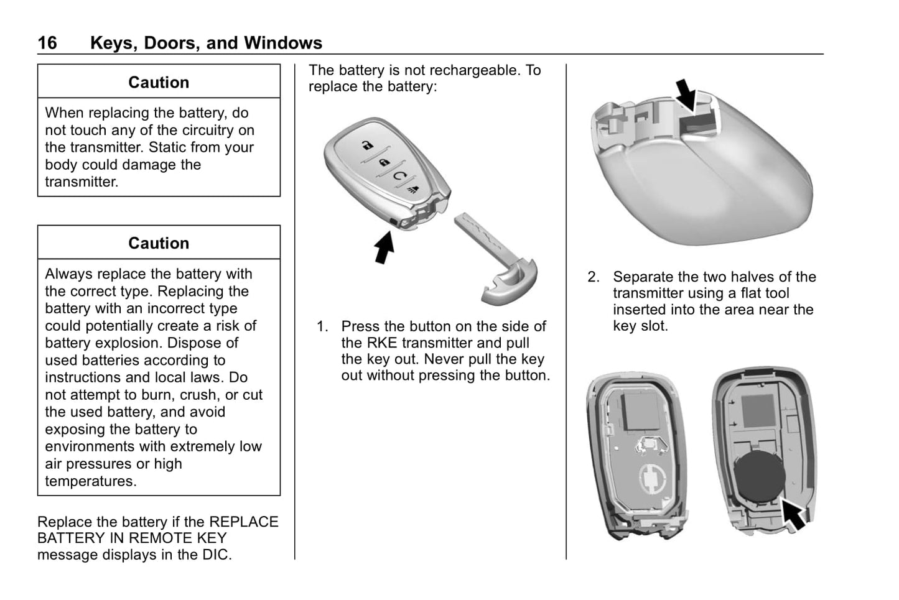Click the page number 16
point(47,43)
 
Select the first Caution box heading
point(159,83)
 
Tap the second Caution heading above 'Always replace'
point(159,243)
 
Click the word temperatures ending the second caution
point(90,481)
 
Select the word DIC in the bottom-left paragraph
point(218,555)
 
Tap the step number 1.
point(322,326)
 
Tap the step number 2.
point(593,277)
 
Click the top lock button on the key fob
point(368,145)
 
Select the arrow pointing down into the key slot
point(686,94)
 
